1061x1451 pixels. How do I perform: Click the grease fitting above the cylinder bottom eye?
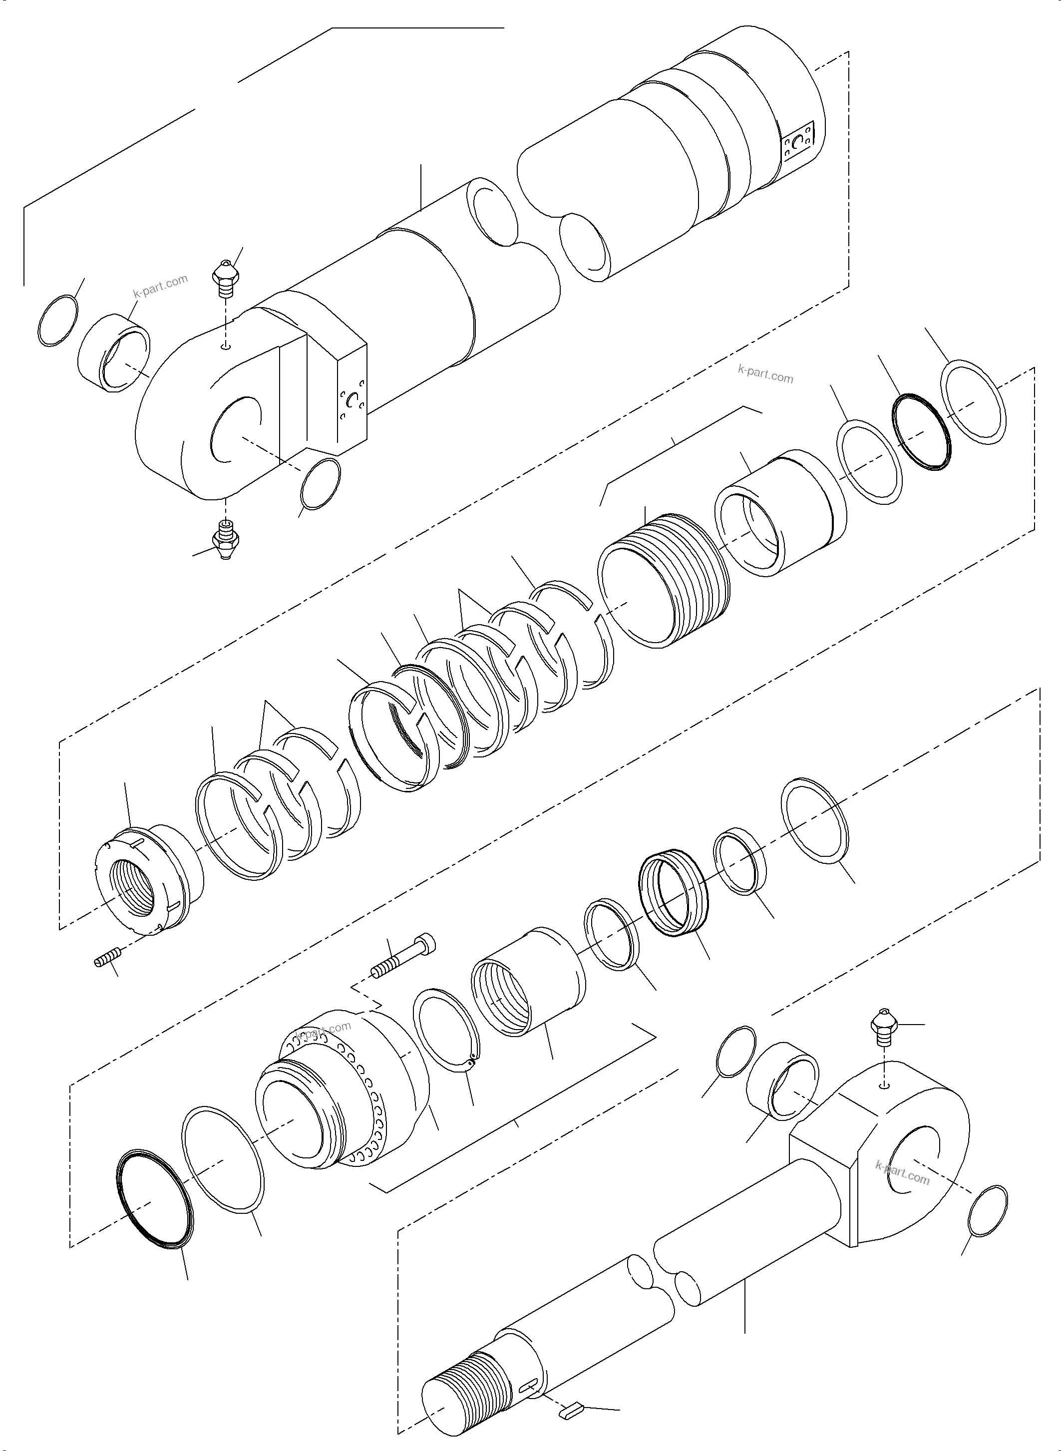pos(224,279)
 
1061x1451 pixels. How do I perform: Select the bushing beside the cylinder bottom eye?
pos(114,353)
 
